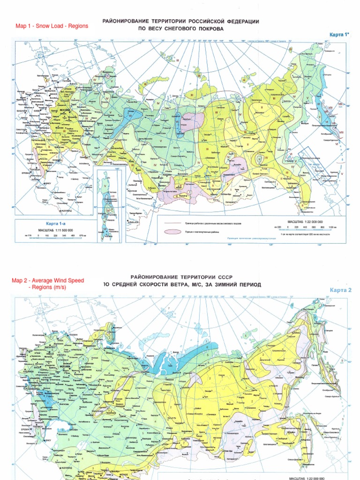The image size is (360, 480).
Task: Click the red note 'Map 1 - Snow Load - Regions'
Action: coord(52,26)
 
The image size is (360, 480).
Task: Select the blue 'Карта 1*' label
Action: coord(337,35)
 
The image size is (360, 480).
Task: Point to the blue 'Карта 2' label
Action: coord(340,290)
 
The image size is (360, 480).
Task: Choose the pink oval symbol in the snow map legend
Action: coord(172,231)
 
